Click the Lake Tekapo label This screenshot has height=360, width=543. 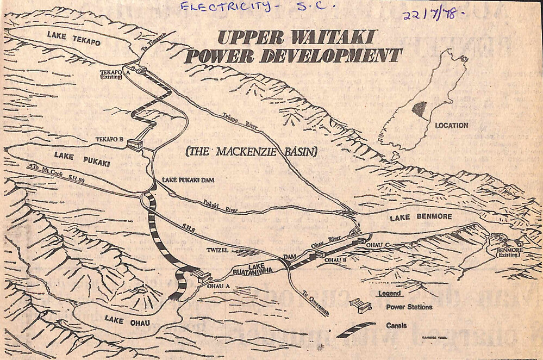point(73,39)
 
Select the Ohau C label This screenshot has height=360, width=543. point(378,245)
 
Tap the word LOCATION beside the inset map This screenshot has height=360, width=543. point(451,126)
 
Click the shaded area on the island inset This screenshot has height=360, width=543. point(420,109)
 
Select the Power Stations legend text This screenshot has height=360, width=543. point(409,307)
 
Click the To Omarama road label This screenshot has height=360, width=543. point(314,298)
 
